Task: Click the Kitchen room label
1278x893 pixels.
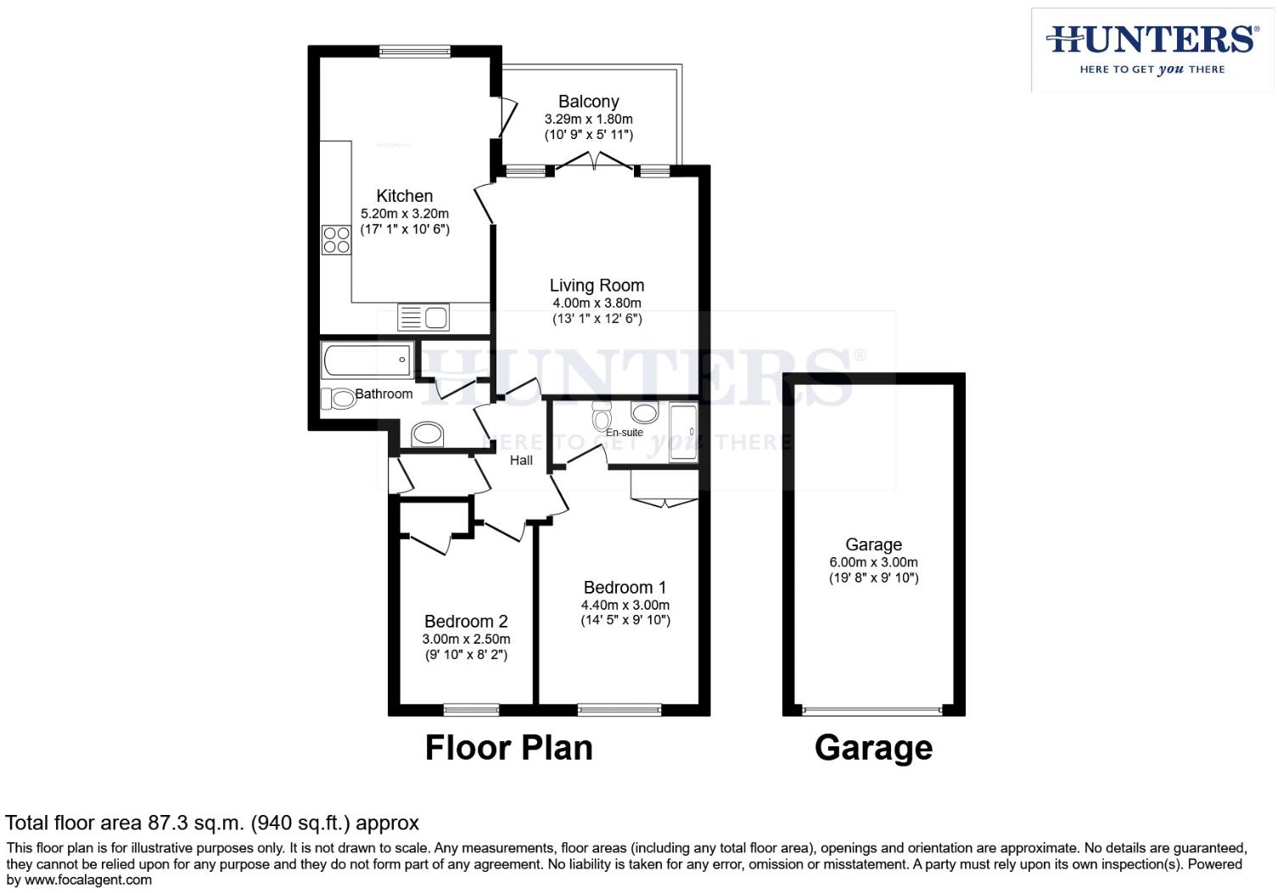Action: [x=404, y=196]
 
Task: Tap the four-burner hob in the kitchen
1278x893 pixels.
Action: [x=336, y=239]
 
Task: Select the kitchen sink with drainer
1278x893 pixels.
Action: [x=423, y=318]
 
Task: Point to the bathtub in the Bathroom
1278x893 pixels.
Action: [x=367, y=360]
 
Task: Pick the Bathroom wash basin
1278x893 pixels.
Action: [x=428, y=435]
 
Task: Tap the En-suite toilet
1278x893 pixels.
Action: [x=602, y=418]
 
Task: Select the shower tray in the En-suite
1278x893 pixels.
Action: [x=683, y=433]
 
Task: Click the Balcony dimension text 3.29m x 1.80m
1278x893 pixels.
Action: [x=588, y=120]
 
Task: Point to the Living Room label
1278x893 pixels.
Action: [x=597, y=286]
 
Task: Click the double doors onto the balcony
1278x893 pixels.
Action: [x=595, y=162]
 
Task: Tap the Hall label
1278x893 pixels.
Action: [x=521, y=460]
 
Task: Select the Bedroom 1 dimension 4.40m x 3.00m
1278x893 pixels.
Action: [x=625, y=605]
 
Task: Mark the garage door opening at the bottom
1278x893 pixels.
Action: [x=872, y=711]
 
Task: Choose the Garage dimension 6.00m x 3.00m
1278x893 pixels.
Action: [x=873, y=562]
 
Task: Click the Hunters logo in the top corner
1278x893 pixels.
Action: [x=1152, y=49]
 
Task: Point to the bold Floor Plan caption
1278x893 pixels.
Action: [x=508, y=748]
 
